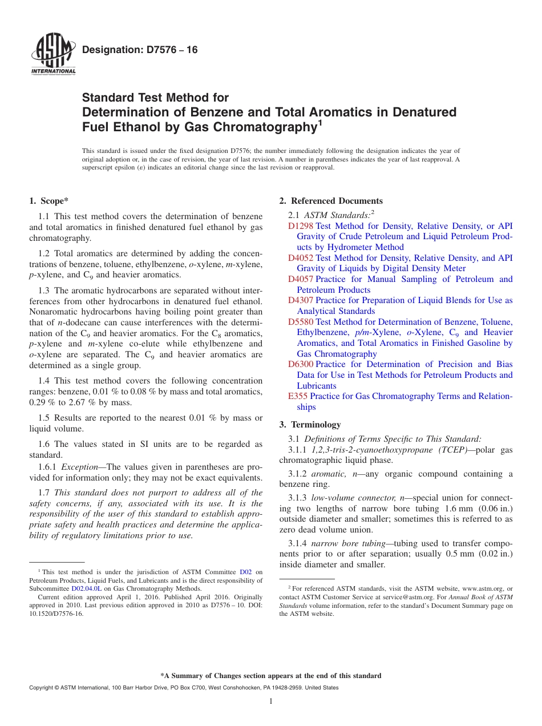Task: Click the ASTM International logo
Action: [53, 55]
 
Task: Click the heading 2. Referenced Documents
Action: [331, 201]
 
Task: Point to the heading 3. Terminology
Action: [310, 425]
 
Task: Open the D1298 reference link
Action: [301, 226]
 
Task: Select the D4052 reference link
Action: [301, 258]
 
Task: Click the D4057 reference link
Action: [301, 279]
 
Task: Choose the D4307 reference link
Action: [301, 300]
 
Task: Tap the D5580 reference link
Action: [301, 322]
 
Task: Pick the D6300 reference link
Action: [301, 364]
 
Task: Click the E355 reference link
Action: [298, 396]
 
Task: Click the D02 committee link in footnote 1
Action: [245, 572]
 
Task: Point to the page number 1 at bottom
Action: [271, 701]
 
